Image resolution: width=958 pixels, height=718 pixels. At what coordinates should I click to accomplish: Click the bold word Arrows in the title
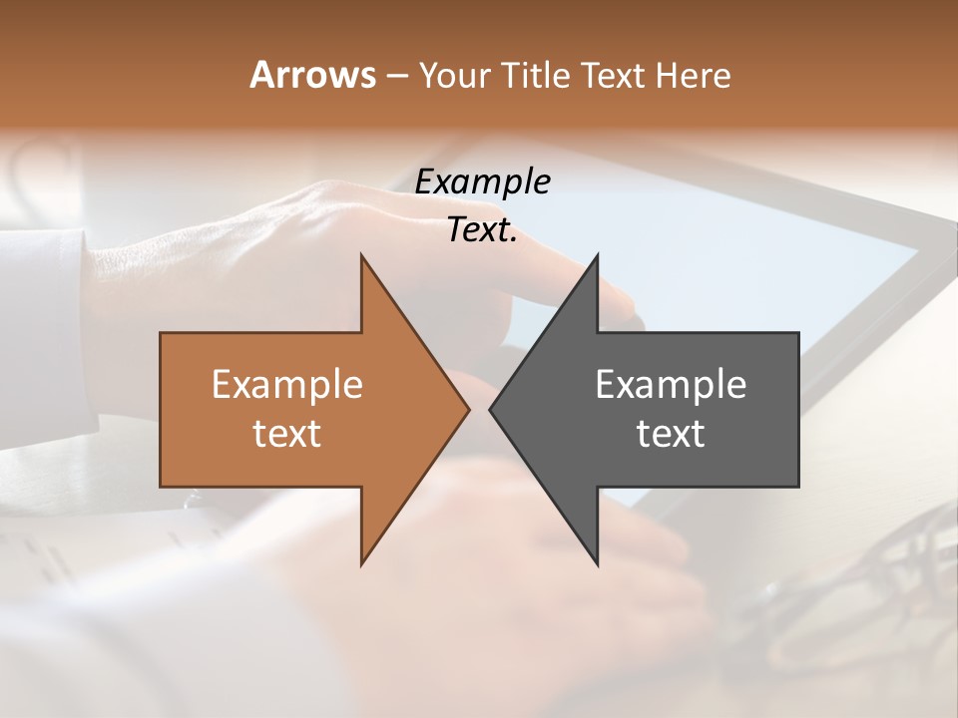(312, 75)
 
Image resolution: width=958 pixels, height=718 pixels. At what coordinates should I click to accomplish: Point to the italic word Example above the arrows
(482, 181)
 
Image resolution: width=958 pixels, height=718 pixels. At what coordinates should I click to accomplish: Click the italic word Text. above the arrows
(482, 230)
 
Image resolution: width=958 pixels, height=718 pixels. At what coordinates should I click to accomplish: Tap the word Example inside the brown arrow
(287, 385)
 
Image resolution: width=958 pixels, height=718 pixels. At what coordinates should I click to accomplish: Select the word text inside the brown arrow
(287, 434)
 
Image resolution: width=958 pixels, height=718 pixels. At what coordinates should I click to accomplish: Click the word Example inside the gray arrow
(671, 385)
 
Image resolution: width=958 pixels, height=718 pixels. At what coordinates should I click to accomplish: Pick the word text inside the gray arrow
(671, 434)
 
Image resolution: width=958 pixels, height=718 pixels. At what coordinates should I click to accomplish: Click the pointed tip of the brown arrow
(468, 409)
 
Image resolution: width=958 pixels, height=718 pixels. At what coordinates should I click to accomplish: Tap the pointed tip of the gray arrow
(491, 409)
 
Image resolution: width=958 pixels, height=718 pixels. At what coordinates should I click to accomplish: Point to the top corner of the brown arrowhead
(362, 256)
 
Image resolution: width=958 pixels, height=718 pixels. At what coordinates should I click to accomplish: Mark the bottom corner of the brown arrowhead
(362, 563)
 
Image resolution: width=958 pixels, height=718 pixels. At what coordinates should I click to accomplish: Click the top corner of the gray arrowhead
(597, 256)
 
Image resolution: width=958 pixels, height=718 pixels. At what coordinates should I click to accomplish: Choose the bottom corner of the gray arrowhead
(597, 563)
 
